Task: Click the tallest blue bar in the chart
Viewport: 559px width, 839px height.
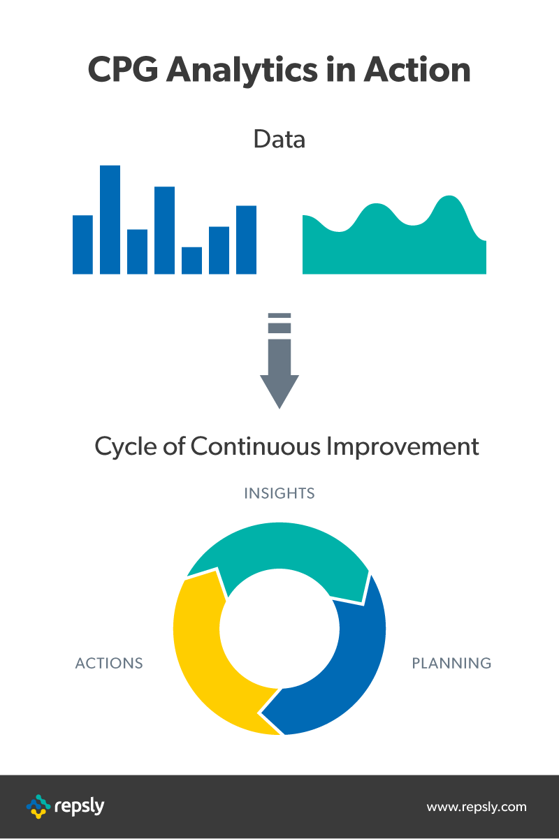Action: pyautogui.click(x=110, y=219)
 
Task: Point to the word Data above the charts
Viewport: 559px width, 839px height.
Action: pyautogui.click(x=279, y=139)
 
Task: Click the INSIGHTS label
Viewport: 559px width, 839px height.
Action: pyautogui.click(x=279, y=493)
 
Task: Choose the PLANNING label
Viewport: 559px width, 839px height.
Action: pyautogui.click(x=451, y=662)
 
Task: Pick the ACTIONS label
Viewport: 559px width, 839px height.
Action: pyautogui.click(x=109, y=662)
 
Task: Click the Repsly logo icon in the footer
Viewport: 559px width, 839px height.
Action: pyautogui.click(x=38, y=806)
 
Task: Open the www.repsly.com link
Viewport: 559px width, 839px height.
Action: pyautogui.click(x=477, y=807)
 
